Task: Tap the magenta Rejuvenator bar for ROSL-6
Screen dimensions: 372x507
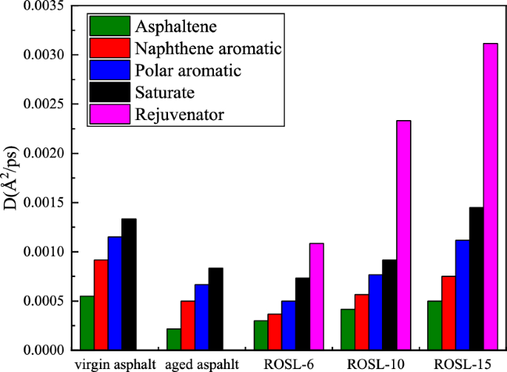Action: (x=317, y=296)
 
